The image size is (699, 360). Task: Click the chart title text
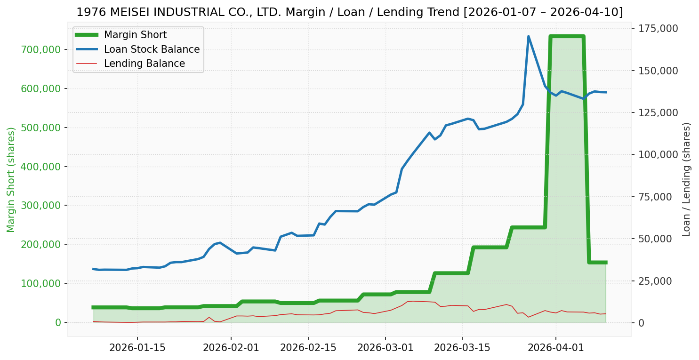click(x=349, y=12)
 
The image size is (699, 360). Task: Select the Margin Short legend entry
click(x=135, y=35)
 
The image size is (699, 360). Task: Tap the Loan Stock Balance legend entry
click(x=152, y=49)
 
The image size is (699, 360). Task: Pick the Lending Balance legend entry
click(x=144, y=64)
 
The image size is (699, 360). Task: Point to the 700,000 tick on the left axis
click(x=42, y=49)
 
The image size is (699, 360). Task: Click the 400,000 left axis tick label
click(x=42, y=167)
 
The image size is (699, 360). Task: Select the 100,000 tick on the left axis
click(x=42, y=283)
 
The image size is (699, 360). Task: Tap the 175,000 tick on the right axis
click(x=659, y=28)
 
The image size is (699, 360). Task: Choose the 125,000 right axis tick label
click(x=659, y=112)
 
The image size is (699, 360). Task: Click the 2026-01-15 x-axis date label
click(x=137, y=348)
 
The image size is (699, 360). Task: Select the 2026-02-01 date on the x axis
click(x=231, y=348)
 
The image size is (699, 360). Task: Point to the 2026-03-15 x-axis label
click(x=462, y=348)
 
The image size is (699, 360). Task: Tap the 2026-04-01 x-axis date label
click(x=555, y=348)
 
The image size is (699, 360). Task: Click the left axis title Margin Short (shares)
click(x=11, y=180)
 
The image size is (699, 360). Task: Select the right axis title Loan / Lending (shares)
click(x=687, y=180)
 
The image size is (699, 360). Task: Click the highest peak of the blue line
click(x=528, y=36)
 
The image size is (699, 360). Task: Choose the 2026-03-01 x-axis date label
click(x=386, y=348)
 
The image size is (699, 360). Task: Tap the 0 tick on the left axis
click(x=58, y=322)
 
